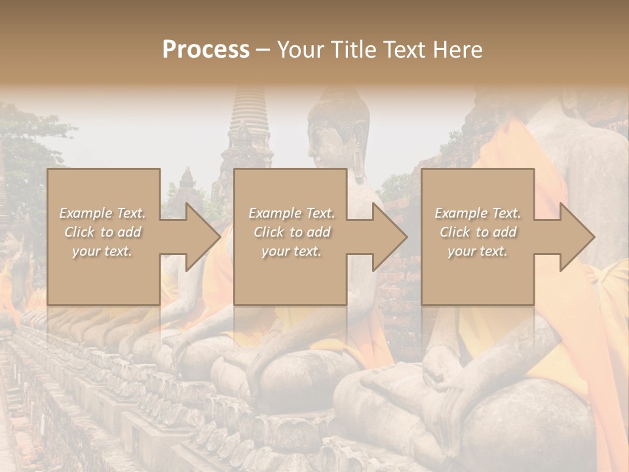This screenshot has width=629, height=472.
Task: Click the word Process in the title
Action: click(x=206, y=50)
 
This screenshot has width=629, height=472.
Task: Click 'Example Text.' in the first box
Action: click(x=102, y=213)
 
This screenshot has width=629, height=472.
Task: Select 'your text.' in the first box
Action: click(x=102, y=251)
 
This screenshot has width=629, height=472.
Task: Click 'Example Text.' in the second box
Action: click(x=291, y=213)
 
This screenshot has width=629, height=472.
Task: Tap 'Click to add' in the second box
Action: click(x=291, y=232)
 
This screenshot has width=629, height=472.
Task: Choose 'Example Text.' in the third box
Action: click(x=478, y=213)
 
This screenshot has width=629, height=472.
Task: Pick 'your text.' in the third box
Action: click(x=478, y=251)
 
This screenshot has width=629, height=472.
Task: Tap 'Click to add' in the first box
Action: click(x=102, y=232)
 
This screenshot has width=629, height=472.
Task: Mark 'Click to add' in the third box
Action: click(x=478, y=232)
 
